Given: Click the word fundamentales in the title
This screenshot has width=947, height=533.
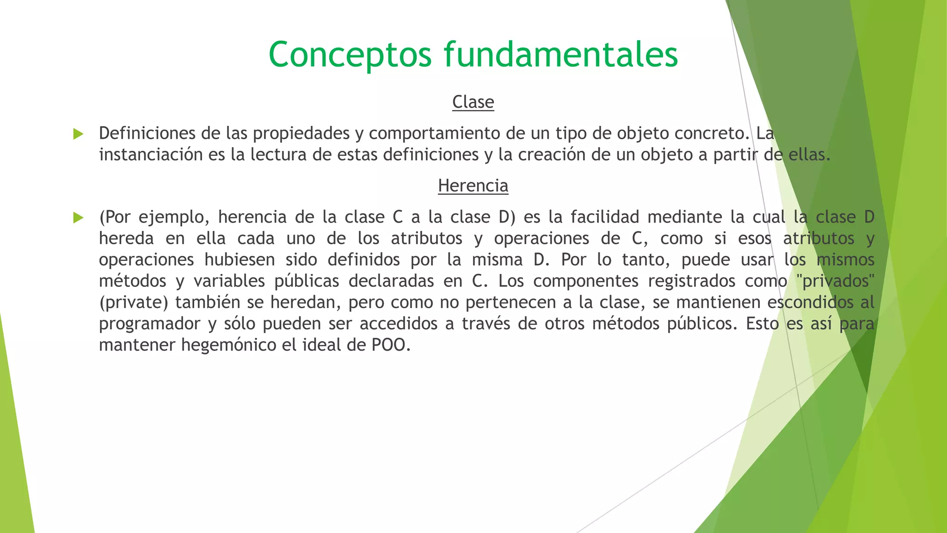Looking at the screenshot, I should click(x=561, y=55).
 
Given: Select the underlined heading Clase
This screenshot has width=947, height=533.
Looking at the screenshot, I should click(x=473, y=102).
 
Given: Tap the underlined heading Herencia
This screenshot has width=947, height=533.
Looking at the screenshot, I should click(x=473, y=186).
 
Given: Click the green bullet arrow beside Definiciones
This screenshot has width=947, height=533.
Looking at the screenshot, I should click(x=78, y=134).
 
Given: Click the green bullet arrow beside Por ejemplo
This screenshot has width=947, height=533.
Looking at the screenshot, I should click(x=78, y=217).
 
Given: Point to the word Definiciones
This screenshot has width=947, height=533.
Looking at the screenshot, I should click(x=147, y=133).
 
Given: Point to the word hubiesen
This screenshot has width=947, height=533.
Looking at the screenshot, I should click(x=240, y=260).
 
